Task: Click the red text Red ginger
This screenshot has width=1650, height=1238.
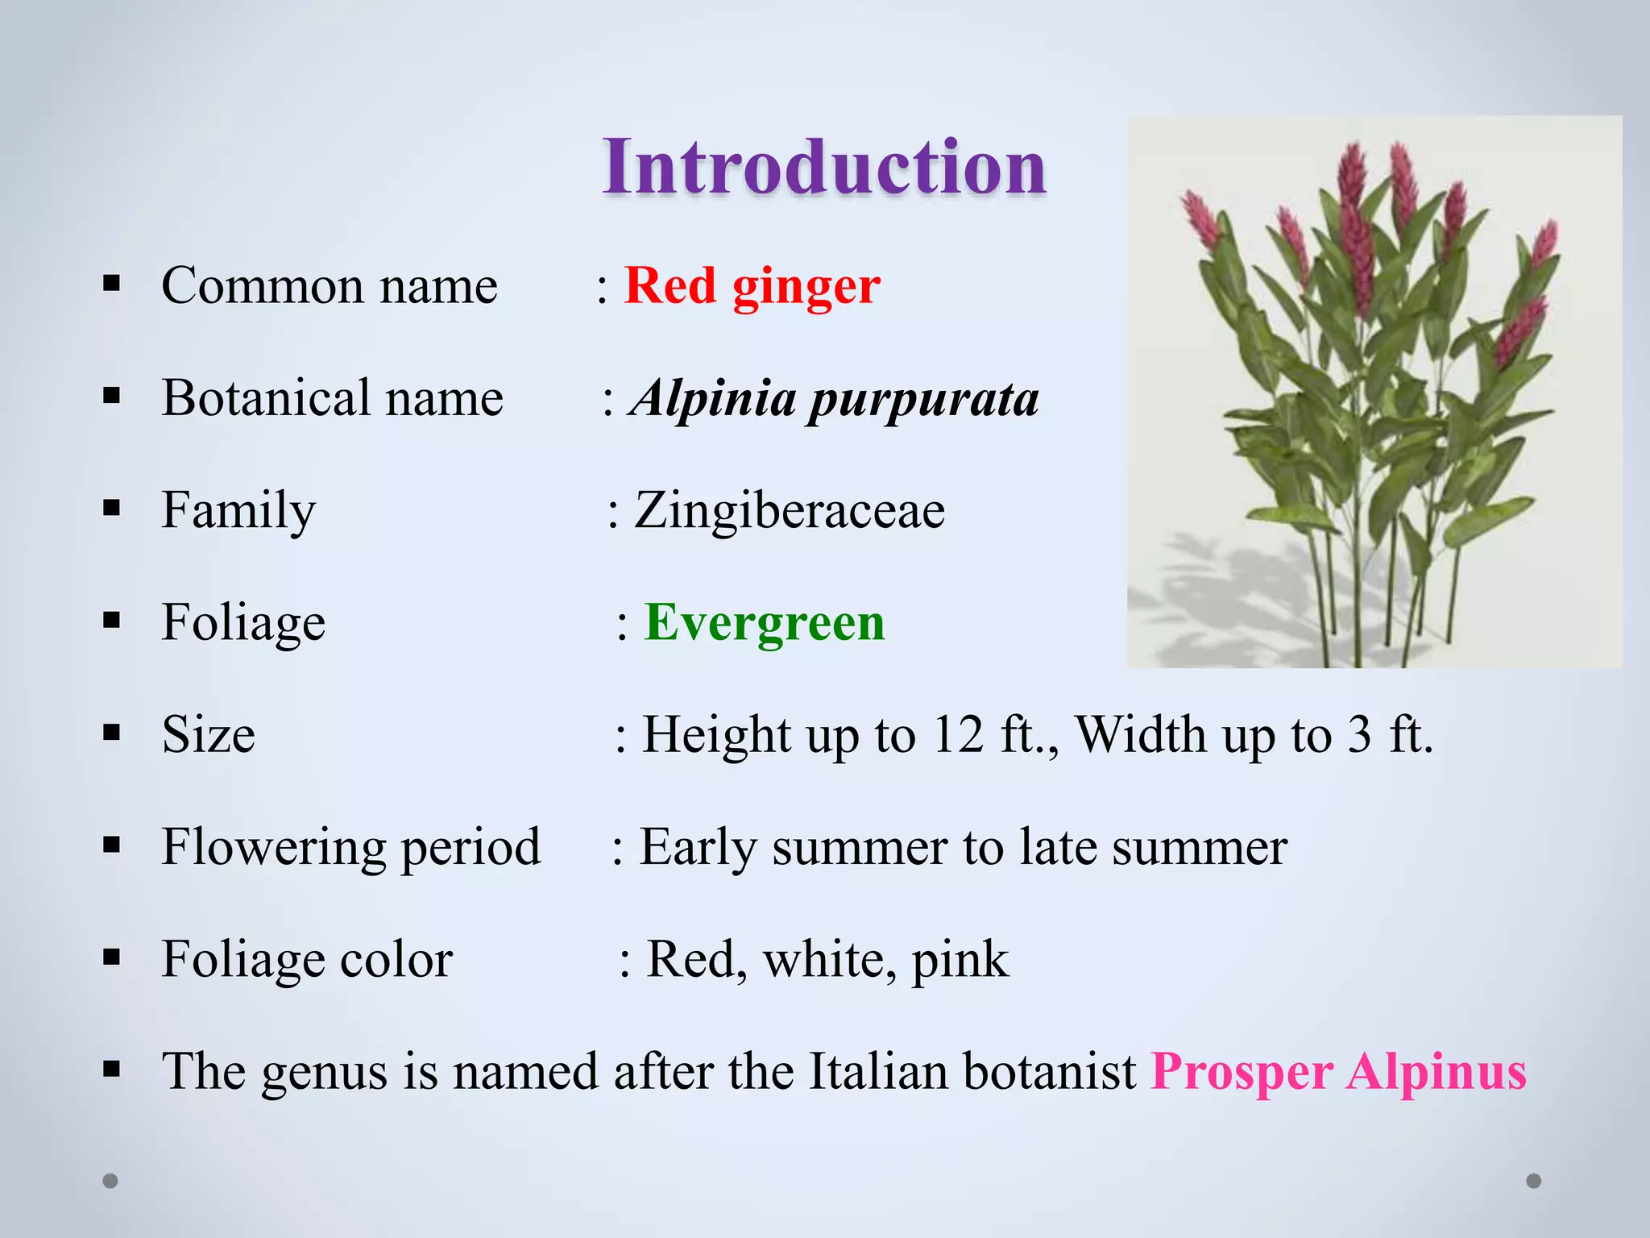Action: (x=752, y=286)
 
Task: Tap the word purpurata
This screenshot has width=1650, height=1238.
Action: (x=923, y=400)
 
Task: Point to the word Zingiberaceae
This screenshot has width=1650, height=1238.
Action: (x=789, y=510)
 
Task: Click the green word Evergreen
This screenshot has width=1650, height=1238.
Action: (x=764, y=622)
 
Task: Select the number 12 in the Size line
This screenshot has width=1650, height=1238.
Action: (x=958, y=734)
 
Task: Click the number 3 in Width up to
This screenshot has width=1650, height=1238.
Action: (x=1360, y=734)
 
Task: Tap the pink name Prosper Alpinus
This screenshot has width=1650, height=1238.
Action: (x=1338, y=1071)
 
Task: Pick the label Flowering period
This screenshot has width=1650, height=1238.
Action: (x=350, y=847)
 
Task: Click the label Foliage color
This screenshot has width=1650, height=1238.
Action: (x=307, y=959)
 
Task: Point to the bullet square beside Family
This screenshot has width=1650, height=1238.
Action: (x=111, y=508)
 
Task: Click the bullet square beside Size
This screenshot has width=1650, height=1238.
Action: (x=111, y=733)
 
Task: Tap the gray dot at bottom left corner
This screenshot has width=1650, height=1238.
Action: (x=110, y=1181)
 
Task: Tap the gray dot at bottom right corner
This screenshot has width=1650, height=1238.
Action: (x=1534, y=1181)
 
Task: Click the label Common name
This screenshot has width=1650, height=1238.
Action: (x=329, y=286)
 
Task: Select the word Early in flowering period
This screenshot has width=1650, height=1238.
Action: (x=698, y=847)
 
